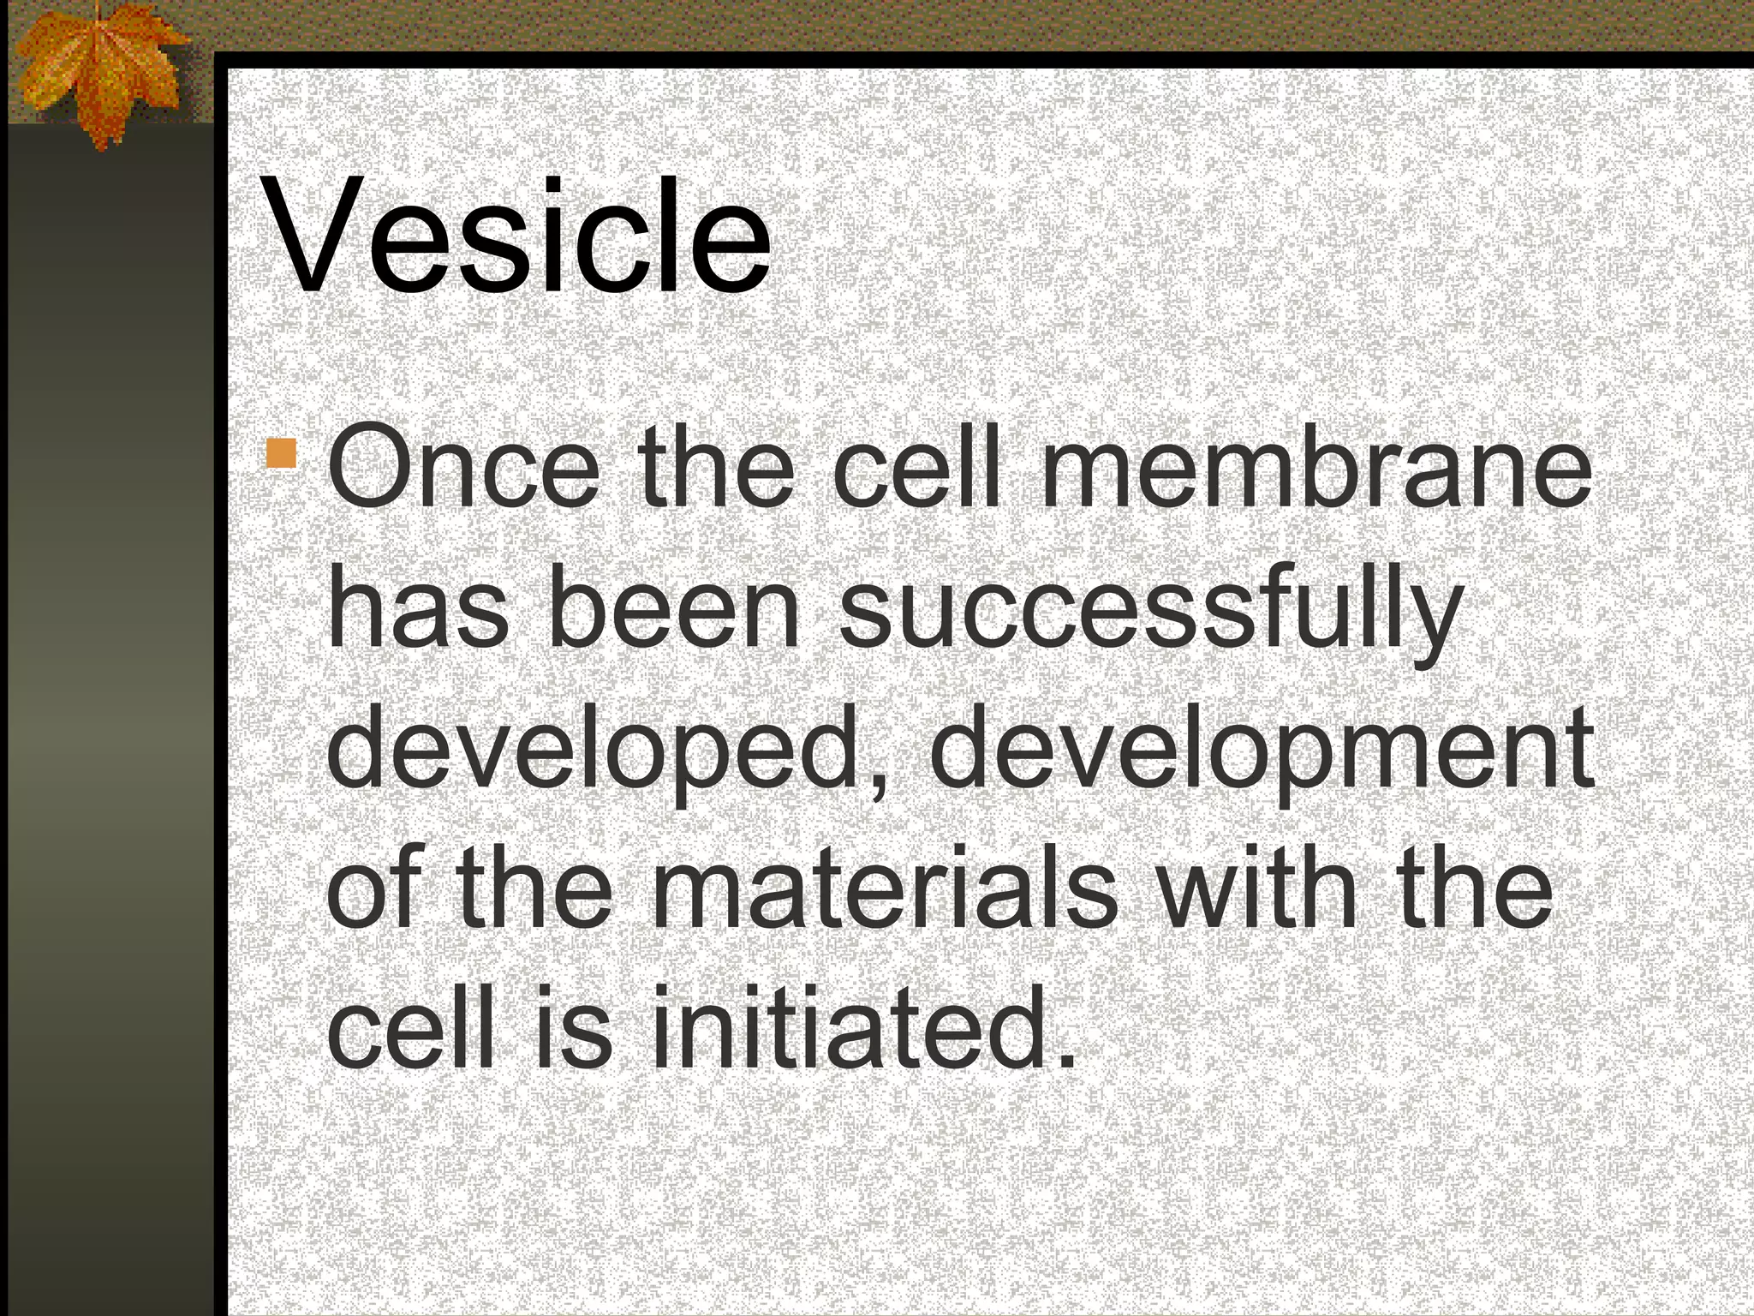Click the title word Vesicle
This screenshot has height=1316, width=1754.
click(519, 236)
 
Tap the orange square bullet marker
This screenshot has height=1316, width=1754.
click(281, 453)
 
